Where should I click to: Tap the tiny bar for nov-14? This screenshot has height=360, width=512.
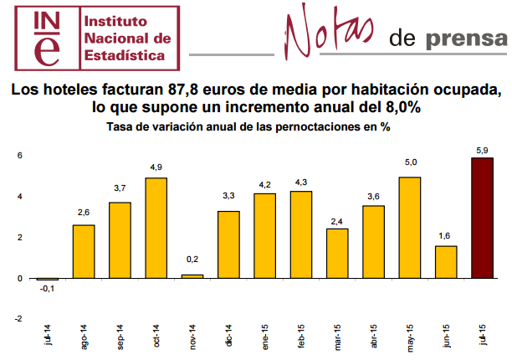pos(192,275)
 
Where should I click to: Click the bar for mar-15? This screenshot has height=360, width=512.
pos(338,254)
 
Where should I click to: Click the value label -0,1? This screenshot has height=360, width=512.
pos(48,290)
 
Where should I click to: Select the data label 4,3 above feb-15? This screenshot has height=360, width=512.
pos(302,183)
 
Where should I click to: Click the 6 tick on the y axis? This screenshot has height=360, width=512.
pos(19,156)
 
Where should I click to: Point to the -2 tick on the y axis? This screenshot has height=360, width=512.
pos(18,319)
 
